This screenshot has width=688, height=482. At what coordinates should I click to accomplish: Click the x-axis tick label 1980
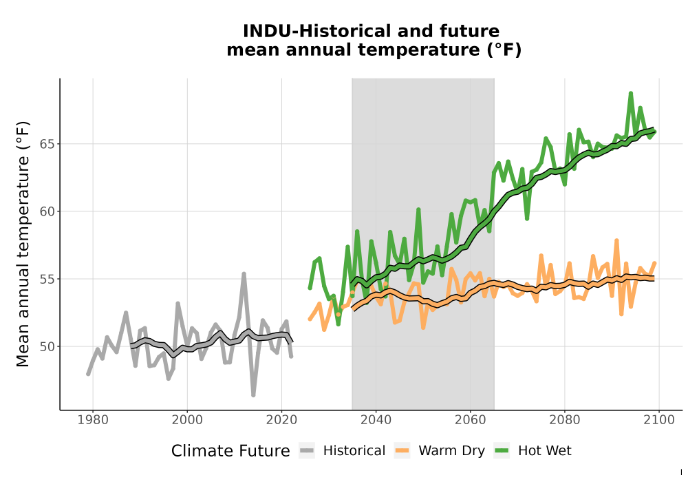[x=93, y=420]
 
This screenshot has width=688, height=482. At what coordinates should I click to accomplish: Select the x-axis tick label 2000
[x=187, y=420]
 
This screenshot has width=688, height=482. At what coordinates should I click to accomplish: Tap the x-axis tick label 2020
[x=281, y=420]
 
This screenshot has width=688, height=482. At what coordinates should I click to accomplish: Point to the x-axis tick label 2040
[x=376, y=420]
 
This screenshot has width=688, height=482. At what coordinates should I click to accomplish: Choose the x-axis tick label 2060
[x=471, y=420]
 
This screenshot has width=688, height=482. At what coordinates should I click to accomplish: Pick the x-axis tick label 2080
[x=565, y=420]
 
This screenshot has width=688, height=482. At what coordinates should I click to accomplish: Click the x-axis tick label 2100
[x=659, y=420]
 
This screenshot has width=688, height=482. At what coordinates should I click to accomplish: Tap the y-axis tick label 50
[x=47, y=347]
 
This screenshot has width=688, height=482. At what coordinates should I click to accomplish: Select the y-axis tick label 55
[x=47, y=279]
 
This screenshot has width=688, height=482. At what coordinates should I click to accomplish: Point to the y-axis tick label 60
[x=47, y=211]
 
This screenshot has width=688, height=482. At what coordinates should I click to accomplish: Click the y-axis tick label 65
[x=47, y=144]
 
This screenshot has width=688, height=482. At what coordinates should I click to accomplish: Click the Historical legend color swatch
[x=307, y=450]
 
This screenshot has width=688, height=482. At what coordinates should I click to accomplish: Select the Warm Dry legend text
[x=451, y=451]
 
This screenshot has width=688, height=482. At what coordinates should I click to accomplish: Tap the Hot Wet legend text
[x=545, y=451]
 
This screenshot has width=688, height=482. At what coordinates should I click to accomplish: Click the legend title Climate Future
[x=230, y=451]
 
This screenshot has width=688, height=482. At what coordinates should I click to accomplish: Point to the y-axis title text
[x=23, y=244]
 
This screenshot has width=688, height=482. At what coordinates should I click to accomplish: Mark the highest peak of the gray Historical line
[x=244, y=273]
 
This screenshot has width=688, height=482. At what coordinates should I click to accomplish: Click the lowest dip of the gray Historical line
[x=253, y=395]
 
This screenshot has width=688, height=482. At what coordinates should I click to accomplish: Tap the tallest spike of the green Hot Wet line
[x=630, y=93]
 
